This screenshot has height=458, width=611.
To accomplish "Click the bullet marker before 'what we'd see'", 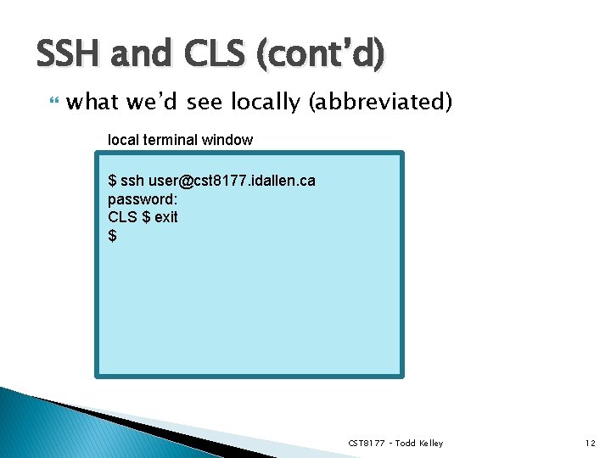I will [x=53, y=103].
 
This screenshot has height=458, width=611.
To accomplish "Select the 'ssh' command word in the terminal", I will [x=132, y=181].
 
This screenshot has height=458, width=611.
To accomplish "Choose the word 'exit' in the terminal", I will [x=166, y=216].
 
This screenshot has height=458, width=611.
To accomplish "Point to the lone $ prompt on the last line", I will [x=113, y=235].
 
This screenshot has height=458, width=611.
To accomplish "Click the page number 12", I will [x=590, y=444].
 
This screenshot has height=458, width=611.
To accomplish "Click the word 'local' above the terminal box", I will [x=123, y=139].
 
